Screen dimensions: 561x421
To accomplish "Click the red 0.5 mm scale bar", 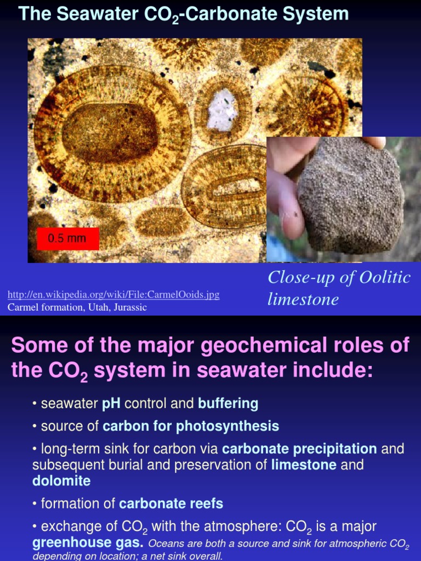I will coord(67,239).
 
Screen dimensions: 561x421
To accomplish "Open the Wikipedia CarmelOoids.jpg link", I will coord(113,295).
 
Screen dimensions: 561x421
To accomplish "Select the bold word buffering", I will coord(228,404).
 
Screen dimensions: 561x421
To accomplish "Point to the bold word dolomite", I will coord(61,481).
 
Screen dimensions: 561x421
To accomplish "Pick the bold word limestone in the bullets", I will coord(304,465).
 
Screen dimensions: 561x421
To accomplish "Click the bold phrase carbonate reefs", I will coord(171,503).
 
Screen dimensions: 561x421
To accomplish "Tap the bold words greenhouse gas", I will coord(88,543).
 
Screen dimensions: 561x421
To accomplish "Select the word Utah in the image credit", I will coord(96,307).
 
